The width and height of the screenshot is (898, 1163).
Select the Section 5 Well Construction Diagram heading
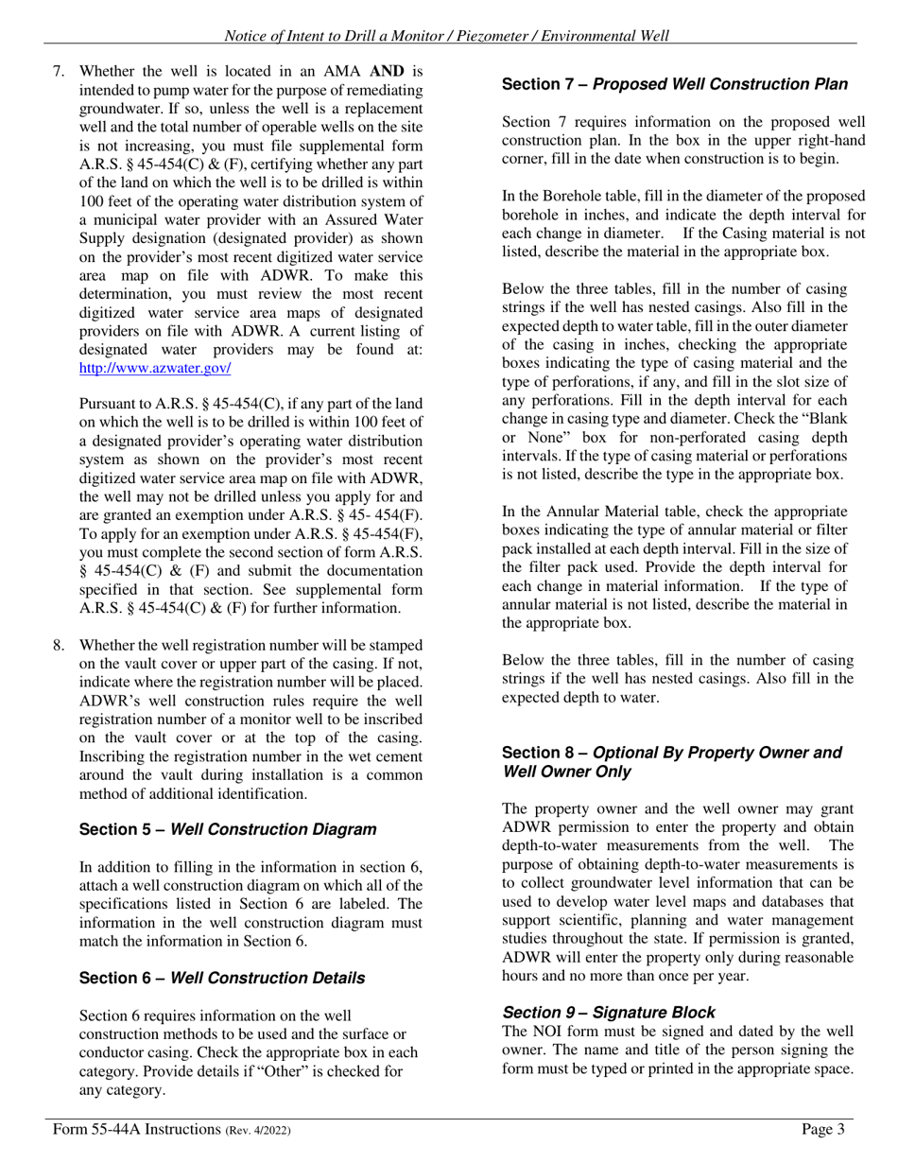tap(227, 829)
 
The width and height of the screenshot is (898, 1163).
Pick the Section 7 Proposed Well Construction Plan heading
tap(674, 84)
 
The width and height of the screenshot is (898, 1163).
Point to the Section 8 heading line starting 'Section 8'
tap(671, 753)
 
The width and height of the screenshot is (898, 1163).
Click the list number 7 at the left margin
tap(59, 71)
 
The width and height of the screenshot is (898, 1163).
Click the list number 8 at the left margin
tap(59, 645)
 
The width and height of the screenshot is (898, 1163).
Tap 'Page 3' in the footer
tap(821, 1128)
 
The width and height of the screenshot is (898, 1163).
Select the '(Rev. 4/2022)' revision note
tap(257, 1130)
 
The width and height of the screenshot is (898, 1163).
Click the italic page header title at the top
tap(446, 36)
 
